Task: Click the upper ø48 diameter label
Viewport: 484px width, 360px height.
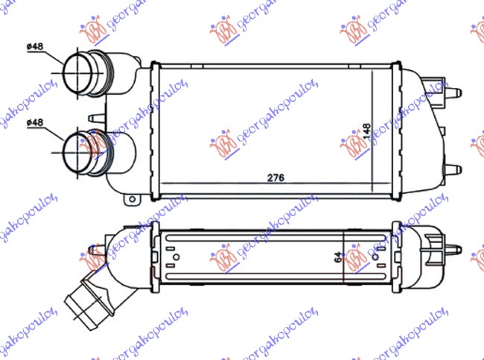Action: [35, 47]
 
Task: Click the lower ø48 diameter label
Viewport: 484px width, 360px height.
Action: [35, 121]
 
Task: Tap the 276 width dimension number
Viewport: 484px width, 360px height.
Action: [276, 178]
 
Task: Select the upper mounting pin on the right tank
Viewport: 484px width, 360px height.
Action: [453, 93]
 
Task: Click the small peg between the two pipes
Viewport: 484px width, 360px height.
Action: [92, 117]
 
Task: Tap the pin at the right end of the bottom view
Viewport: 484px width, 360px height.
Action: [454, 246]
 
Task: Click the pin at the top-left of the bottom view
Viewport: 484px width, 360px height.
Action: [92, 250]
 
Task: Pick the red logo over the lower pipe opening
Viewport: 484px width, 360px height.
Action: [95, 142]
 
